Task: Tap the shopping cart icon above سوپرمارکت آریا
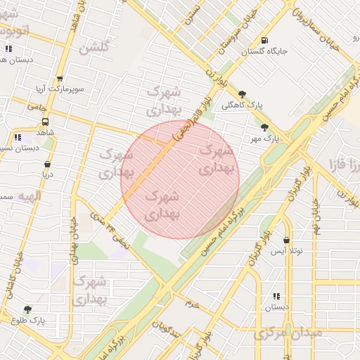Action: click(59, 79)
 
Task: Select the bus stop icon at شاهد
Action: click(46, 120)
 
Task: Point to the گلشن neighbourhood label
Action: click(94, 49)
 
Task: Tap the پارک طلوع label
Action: click(27, 320)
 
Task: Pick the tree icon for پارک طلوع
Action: click(27, 309)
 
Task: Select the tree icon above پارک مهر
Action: click(264, 127)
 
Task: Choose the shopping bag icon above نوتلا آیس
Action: click(286, 240)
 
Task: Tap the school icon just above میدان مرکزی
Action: click(276, 297)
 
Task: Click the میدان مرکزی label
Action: click(288, 332)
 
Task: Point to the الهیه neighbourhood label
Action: click(17, 194)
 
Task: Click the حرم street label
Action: click(193, 304)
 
